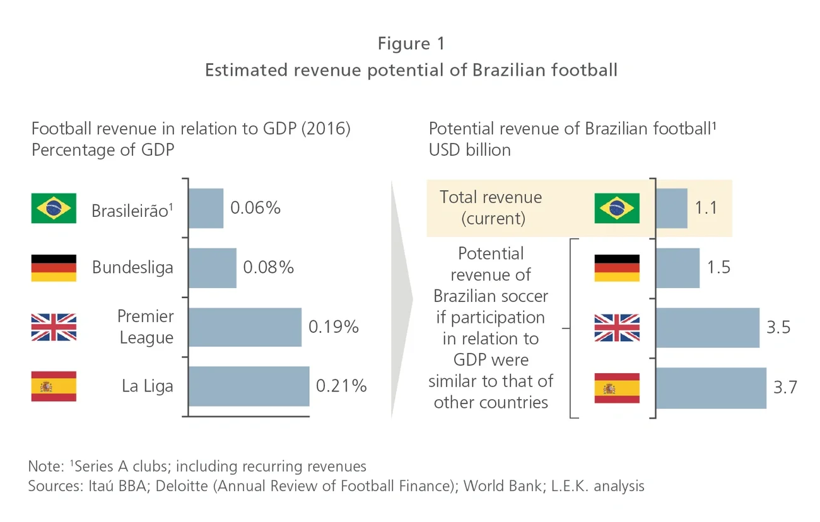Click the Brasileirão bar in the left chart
[206, 208]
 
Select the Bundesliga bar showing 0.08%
[213, 267]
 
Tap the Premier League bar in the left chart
[245, 327]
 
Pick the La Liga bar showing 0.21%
[249, 386]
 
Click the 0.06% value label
[255, 208]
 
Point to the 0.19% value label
[333, 327]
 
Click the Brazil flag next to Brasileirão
[54, 209]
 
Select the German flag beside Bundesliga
[54, 268]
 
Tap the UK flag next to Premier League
[54, 327]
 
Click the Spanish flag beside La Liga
[54, 386]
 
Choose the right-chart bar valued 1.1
[672, 208]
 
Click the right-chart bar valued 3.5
[708, 328]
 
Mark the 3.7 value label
[785, 387]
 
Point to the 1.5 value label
[718, 267]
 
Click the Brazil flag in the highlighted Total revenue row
[617, 209]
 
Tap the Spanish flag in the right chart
[617, 388]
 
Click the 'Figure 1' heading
[411, 43]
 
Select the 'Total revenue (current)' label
[491, 208]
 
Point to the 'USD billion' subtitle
[470, 150]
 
